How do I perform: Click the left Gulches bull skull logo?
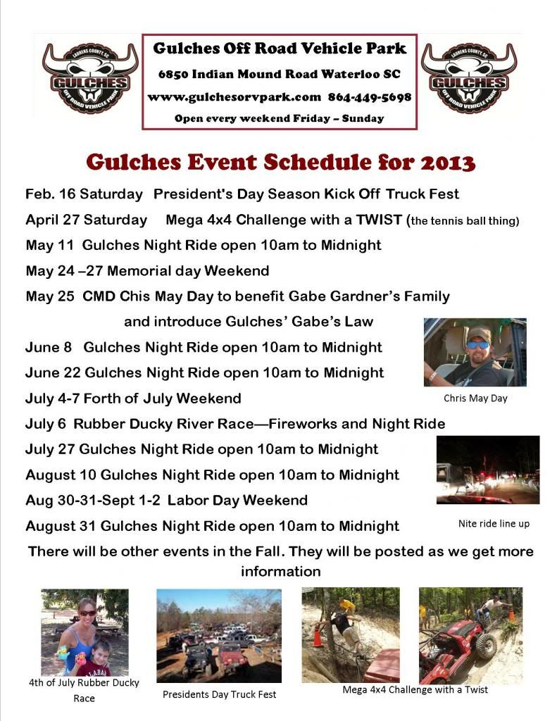(90, 77)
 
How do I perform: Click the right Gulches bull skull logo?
(469, 77)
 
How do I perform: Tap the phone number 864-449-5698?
(370, 97)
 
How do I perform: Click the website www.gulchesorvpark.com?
(234, 97)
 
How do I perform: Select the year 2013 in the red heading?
(448, 163)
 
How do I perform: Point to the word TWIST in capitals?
(379, 220)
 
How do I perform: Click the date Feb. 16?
(50, 194)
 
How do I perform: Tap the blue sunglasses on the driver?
(477, 345)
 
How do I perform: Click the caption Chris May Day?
(475, 399)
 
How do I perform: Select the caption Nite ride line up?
(494, 523)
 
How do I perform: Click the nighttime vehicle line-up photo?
(488, 470)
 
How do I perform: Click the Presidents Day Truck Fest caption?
(220, 694)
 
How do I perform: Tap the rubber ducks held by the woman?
(72, 656)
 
